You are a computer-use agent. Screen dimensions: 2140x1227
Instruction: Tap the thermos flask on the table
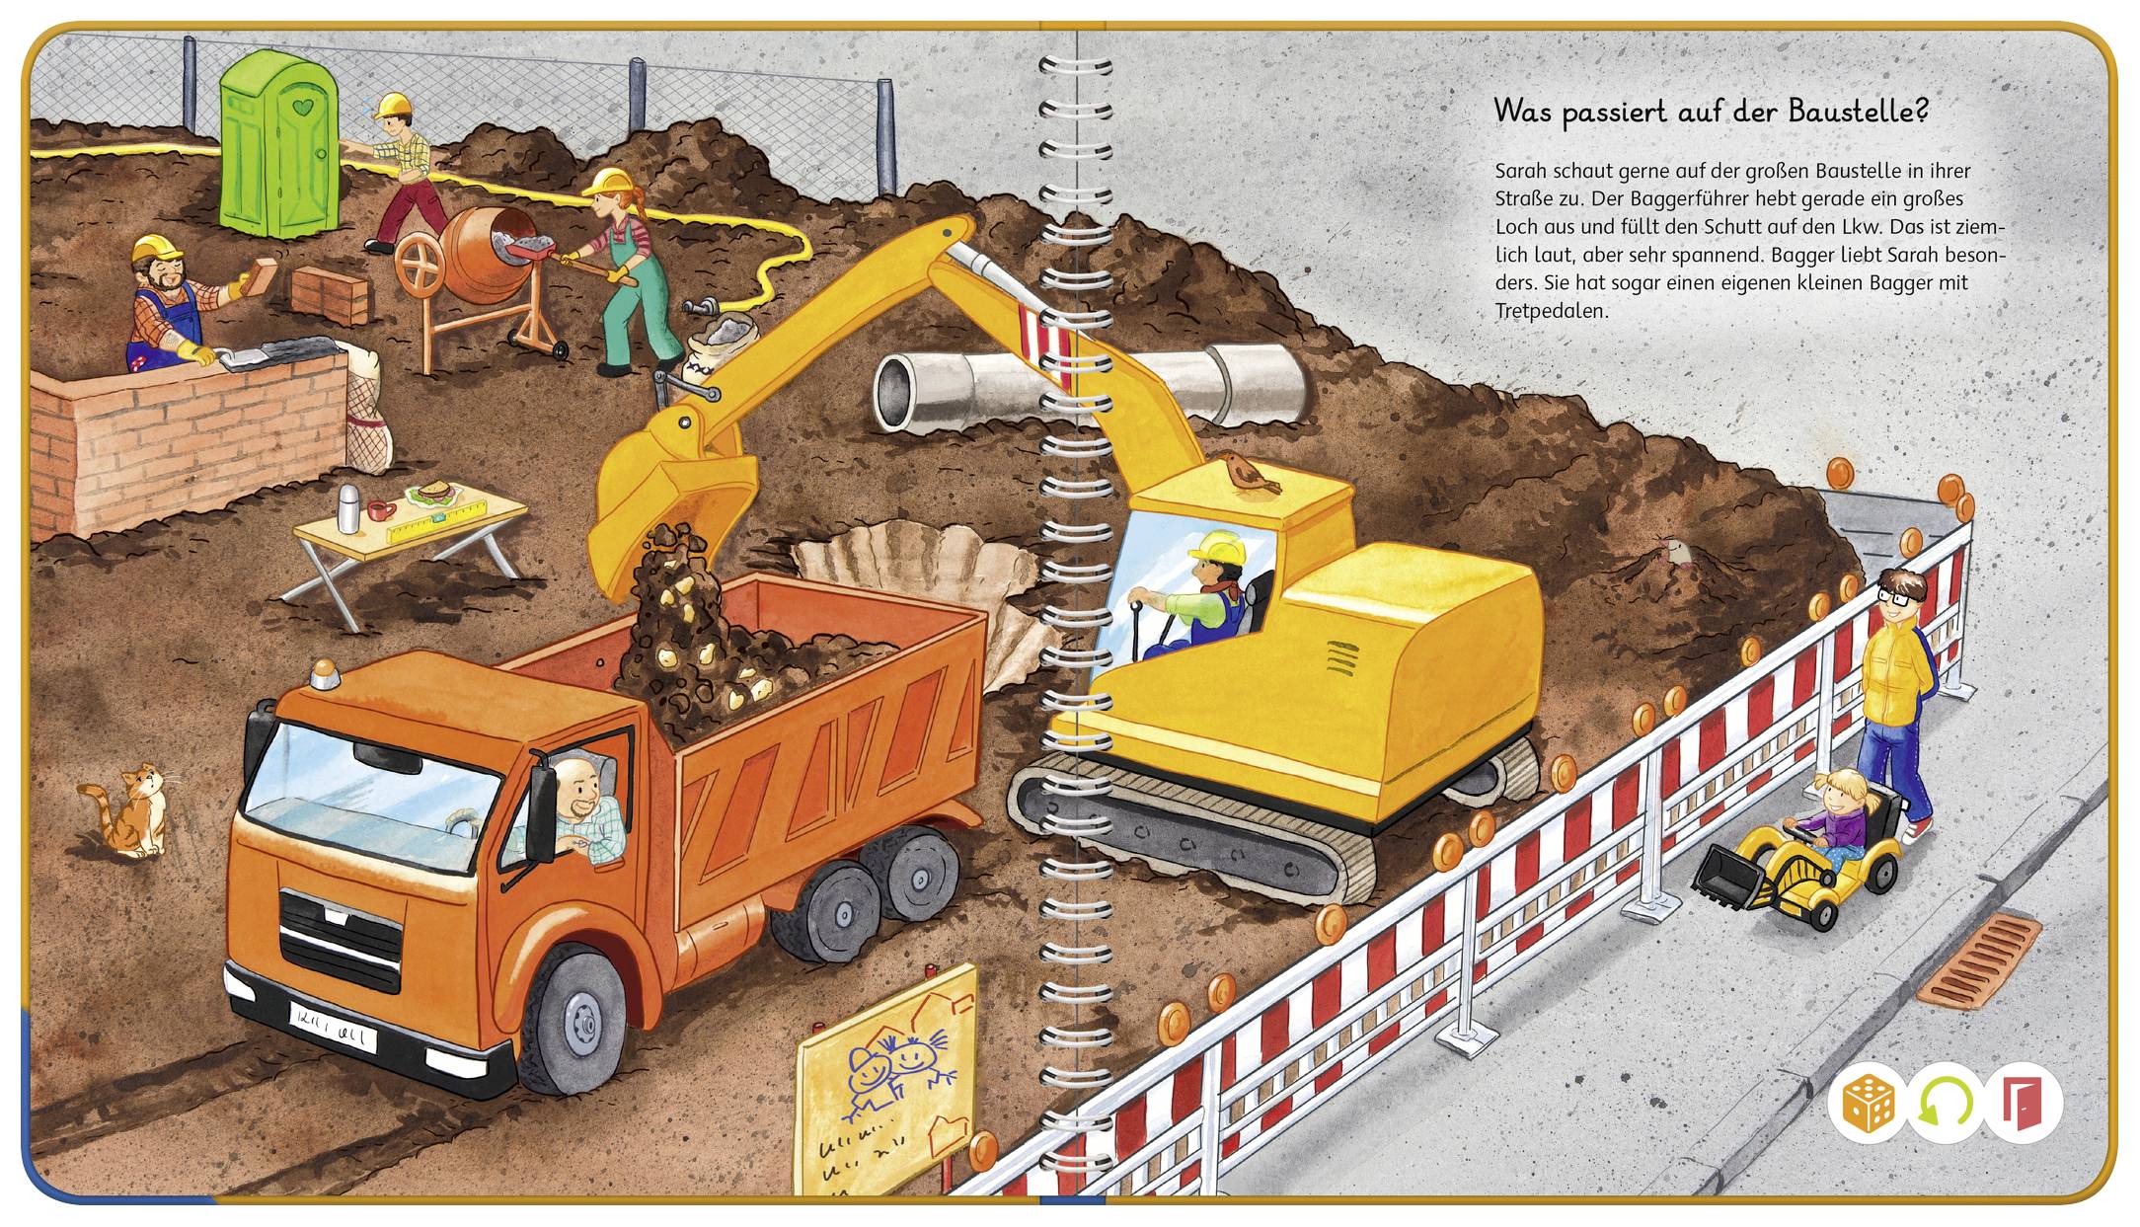[347, 506]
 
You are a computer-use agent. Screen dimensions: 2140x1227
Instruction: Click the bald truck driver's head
[579, 781]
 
